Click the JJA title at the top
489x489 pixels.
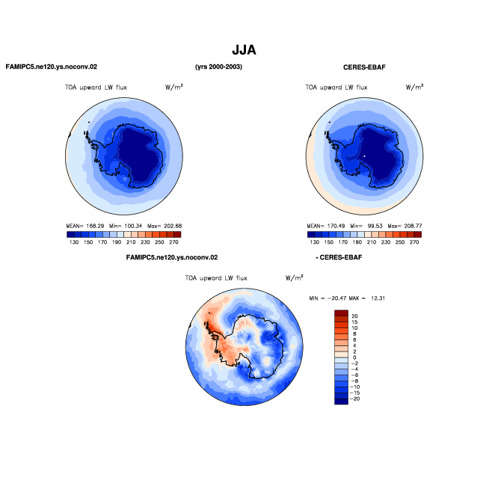click(244, 50)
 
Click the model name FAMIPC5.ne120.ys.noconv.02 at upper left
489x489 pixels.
click(52, 67)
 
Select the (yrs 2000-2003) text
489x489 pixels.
click(218, 67)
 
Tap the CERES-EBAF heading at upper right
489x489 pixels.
click(364, 67)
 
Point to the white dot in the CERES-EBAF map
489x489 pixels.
click(364, 156)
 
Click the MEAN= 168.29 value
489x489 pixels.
click(85, 226)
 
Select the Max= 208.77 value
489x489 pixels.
click(405, 226)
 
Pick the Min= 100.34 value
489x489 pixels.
click(126, 226)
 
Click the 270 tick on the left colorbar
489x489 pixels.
click(173, 242)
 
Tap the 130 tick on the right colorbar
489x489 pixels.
click(314, 242)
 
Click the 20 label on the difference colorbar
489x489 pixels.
click(354, 316)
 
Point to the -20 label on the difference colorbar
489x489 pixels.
click(355, 399)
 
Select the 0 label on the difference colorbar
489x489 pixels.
click(354, 357)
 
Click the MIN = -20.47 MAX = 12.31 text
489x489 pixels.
click(347, 298)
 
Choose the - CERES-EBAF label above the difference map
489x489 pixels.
click(339, 257)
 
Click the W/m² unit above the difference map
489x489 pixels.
click(295, 277)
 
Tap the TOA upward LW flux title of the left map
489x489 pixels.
click(96, 87)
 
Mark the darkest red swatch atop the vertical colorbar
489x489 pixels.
click(341, 313)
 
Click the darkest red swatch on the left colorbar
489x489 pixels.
click(177, 235)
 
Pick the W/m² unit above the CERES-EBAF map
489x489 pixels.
click(414, 87)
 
